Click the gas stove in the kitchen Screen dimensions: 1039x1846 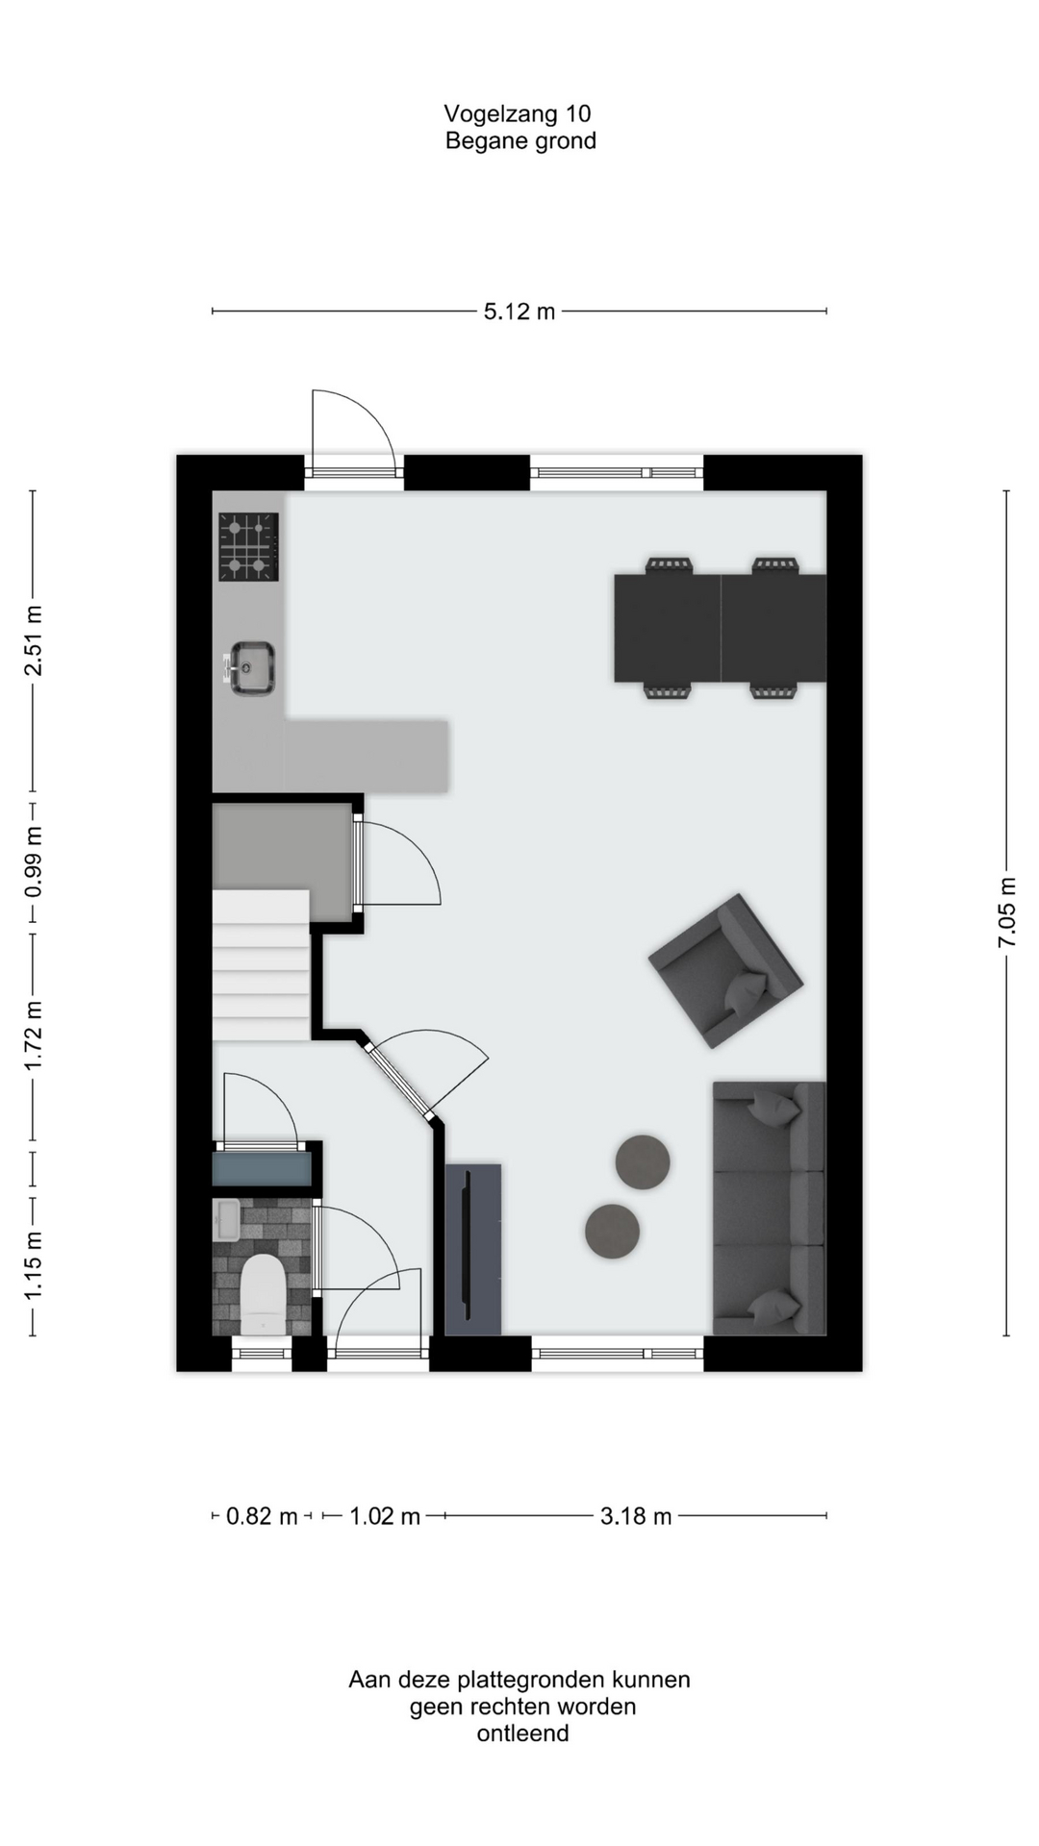(x=248, y=547)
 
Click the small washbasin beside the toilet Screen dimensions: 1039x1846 (x=226, y=1220)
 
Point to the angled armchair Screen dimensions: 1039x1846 (x=725, y=971)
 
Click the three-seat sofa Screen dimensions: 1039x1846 (x=769, y=1208)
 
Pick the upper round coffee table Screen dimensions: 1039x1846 (x=643, y=1161)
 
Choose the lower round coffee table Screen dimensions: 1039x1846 (x=612, y=1231)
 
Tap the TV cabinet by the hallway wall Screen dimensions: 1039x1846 (x=473, y=1249)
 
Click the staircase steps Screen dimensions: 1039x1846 (x=261, y=964)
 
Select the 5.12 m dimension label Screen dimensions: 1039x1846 (x=519, y=312)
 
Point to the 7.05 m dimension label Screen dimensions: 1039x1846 (x=1007, y=912)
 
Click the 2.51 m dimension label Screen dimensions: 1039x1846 (x=33, y=640)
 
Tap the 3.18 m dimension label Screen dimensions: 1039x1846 (x=636, y=1516)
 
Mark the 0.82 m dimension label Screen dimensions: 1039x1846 (x=262, y=1516)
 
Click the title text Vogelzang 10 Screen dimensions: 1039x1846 (x=518, y=113)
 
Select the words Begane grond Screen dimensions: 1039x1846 (x=520, y=141)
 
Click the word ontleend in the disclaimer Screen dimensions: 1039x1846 (x=522, y=1734)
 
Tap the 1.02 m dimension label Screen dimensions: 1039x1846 (x=385, y=1516)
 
